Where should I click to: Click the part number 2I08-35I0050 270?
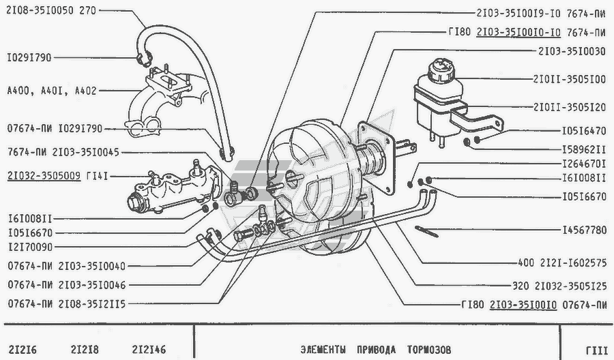51,10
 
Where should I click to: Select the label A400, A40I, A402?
52,91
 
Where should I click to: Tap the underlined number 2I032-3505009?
44,176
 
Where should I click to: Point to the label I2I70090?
30,247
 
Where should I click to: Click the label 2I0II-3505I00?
570,80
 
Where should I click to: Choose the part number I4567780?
584,230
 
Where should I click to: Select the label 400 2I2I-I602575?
562,262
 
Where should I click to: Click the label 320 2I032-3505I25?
559,286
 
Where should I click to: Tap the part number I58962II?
584,149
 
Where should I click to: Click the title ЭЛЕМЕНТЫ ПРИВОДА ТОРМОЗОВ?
376,350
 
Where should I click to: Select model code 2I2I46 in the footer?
149,350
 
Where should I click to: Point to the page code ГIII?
597,350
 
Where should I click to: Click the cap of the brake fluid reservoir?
441,70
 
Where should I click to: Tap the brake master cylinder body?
173,187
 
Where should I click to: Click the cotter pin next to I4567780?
426,232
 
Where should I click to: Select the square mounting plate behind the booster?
376,157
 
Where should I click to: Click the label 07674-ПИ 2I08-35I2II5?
67,304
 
